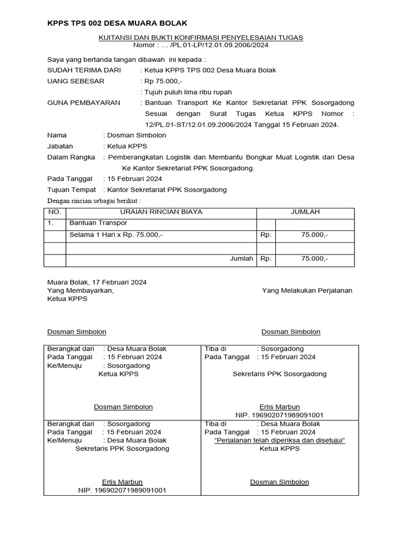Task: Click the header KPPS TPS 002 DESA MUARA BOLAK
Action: click(117, 24)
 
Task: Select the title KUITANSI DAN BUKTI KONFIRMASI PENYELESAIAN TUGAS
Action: click(201, 38)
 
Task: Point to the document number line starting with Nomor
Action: click(201, 45)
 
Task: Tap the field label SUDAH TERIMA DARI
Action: click(84, 70)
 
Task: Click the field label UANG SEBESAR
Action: click(76, 81)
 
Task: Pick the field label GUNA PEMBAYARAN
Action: click(84, 103)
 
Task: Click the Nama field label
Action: click(57, 135)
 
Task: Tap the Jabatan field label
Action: click(60, 146)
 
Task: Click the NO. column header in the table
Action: click(55, 212)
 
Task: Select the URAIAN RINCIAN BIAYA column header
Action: click(161, 212)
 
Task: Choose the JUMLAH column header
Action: click(305, 212)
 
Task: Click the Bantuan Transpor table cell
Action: click(95, 224)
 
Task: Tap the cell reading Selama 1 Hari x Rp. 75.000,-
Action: click(116, 235)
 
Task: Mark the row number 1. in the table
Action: click(51, 224)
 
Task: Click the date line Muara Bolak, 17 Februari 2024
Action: click(97, 282)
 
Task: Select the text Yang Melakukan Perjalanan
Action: click(307, 291)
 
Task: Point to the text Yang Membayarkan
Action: click(80, 291)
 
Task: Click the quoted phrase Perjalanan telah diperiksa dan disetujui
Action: click(280, 441)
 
